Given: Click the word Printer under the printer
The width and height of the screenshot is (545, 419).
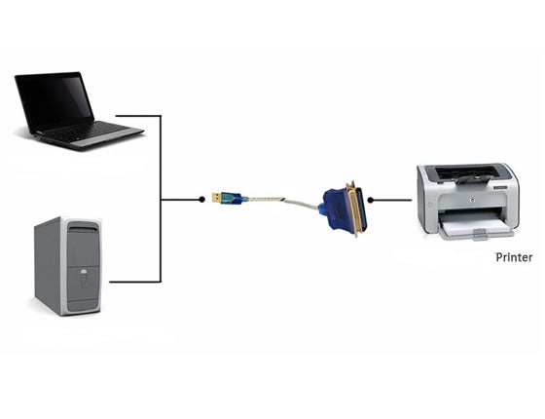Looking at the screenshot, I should tap(514, 258).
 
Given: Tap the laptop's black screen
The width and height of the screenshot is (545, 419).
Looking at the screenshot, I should tap(54, 100).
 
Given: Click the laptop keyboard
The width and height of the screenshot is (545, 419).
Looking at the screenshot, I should tap(93, 131).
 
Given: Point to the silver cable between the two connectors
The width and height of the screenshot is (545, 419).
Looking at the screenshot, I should tap(282, 201).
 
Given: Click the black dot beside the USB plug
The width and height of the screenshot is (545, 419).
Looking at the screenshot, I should tap(201, 199).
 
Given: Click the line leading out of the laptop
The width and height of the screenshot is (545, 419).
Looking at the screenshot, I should tap(151, 116).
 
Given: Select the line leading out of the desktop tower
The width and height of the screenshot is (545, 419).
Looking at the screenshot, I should tap(131, 282).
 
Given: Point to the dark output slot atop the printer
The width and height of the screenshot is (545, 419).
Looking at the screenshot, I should tap(465, 174).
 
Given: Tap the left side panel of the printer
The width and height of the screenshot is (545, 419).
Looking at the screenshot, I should tap(425, 200).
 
